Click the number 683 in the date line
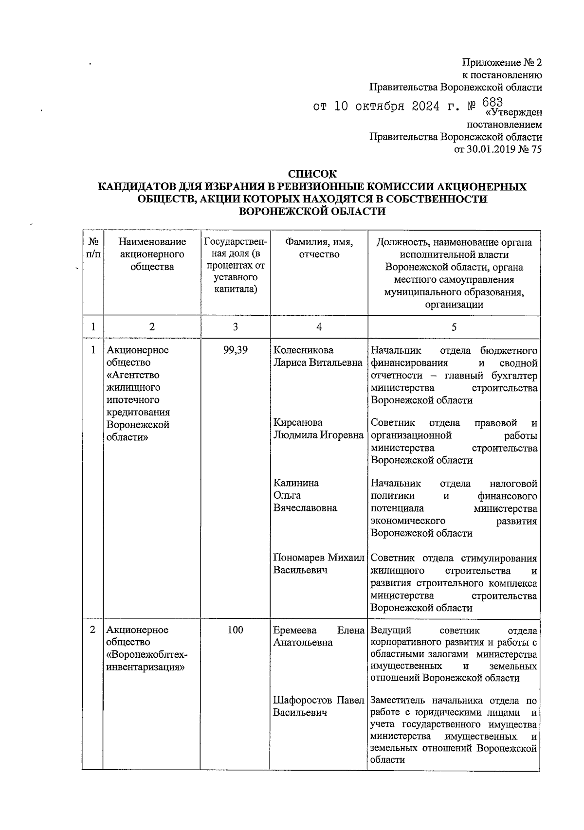point(492,102)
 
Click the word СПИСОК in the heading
point(312,174)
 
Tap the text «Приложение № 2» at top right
point(501,63)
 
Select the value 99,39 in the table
point(235,350)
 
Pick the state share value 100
point(235,630)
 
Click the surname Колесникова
point(303,350)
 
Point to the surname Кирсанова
point(298,422)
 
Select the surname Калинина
point(296,483)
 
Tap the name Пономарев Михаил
point(318,558)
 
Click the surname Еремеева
point(295,630)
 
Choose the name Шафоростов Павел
point(318,700)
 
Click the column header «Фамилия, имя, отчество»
point(319,248)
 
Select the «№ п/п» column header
point(92,248)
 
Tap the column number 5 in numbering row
point(454,327)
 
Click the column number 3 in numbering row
point(235,327)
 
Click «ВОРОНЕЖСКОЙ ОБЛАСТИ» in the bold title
point(312,212)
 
